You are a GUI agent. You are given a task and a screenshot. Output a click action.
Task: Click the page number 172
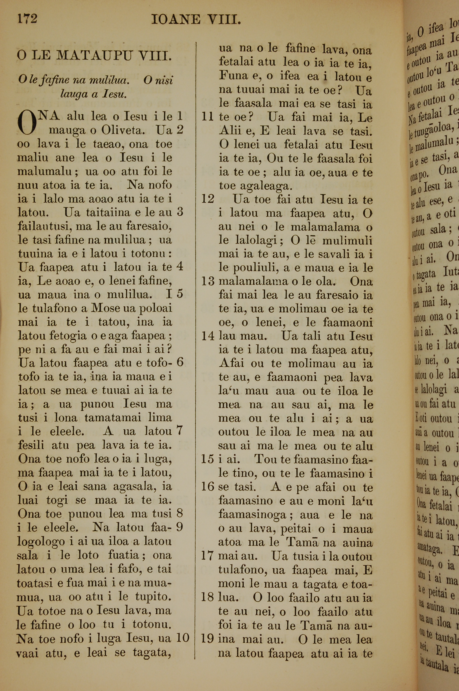point(27,19)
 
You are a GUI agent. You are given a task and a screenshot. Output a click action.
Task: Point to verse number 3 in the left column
point(180,212)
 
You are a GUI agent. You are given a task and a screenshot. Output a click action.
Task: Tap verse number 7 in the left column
point(180,431)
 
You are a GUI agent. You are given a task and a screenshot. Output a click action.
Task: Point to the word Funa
point(232,76)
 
